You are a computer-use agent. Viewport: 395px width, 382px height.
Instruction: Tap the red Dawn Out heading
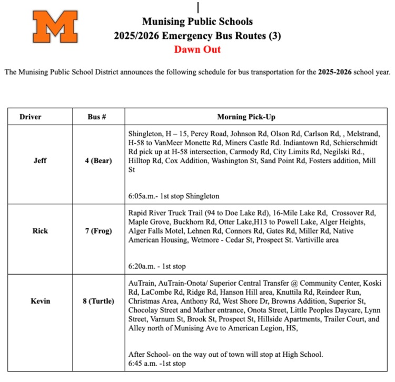(x=197, y=49)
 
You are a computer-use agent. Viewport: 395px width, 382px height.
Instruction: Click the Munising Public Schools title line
(x=197, y=22)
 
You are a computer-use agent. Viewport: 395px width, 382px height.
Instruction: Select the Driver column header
(x=31, y=116)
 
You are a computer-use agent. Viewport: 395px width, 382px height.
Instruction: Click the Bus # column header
(x=97, y=116)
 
